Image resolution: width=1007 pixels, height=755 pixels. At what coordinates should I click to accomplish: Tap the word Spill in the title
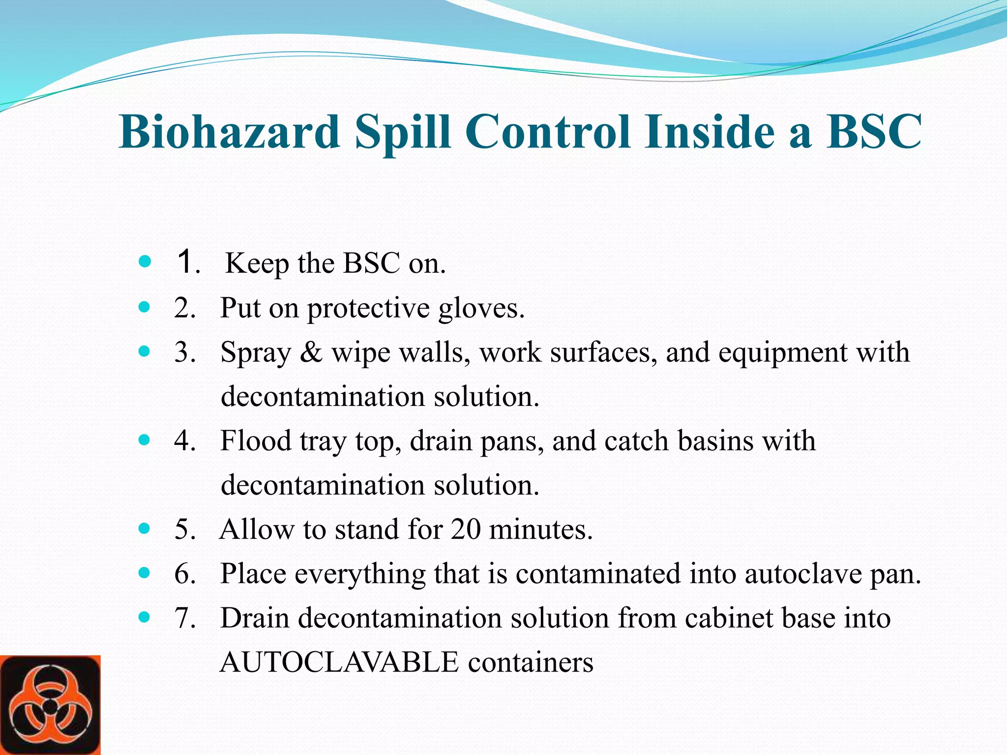402,132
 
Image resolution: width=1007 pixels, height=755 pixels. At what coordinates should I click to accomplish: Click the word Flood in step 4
256,440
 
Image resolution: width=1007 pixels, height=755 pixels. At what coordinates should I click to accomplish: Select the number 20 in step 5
465,529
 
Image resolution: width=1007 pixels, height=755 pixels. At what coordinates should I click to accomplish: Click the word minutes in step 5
541,529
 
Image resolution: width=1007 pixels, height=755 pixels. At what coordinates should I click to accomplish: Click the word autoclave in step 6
803,574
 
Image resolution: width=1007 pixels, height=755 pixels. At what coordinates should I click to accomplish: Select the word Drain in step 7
254,618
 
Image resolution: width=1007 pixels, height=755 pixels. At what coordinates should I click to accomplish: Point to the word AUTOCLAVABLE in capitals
339,662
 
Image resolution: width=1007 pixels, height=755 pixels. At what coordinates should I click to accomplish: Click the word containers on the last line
531,662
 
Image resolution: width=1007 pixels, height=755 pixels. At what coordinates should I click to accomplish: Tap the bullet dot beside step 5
144,528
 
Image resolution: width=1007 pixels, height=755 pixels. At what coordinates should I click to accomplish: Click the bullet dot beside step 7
144,617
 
